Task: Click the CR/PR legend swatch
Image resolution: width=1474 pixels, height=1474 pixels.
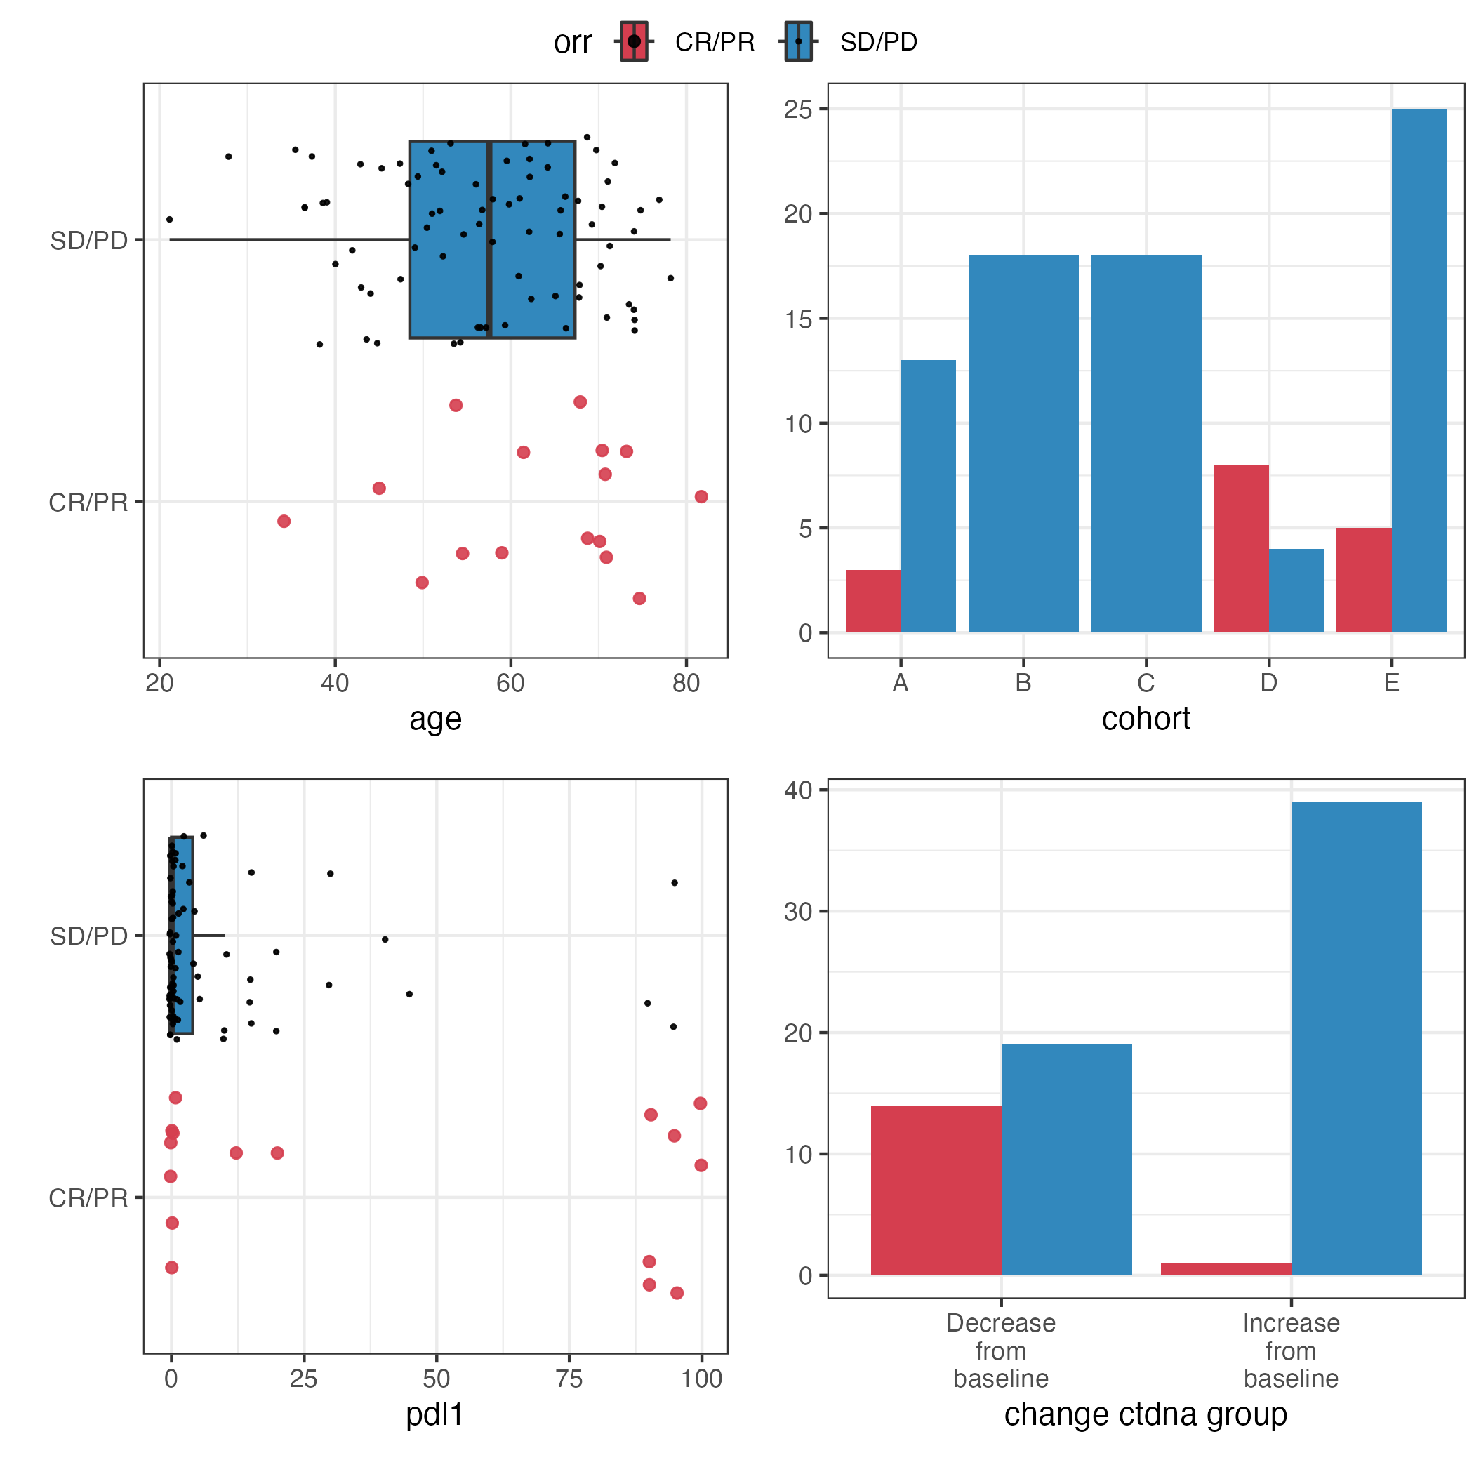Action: click(x=633, y=41)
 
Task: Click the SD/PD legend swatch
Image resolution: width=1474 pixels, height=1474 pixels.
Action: click(x=798, y=41)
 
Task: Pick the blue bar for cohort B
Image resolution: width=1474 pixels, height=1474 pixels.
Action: click(x=1023, y=444)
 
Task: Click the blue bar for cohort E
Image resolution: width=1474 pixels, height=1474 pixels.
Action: click(x=1419, y=370)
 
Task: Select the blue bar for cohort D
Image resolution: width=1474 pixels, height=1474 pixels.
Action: click(x=1296, y=590)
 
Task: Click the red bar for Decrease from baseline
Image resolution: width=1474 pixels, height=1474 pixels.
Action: click(x=936, y=1190)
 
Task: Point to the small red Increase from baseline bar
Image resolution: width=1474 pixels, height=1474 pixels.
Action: click(x=1226, y=1269)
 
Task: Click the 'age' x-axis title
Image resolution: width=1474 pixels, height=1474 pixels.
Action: click(x=435, y=719)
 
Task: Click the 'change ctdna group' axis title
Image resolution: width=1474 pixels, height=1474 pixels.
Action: click(x=1146, y=1414)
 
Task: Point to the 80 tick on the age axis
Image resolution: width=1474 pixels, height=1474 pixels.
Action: click(x=686, y=683)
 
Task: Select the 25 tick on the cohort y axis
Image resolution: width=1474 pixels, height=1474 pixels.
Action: click(x=799, y=109)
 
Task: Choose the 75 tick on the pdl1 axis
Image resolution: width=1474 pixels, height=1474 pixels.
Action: click(x=569, y=1379)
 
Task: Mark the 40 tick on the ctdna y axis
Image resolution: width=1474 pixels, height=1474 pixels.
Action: click(x=799, y=790)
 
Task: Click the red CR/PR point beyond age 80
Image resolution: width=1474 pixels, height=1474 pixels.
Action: click(x=701, y=497)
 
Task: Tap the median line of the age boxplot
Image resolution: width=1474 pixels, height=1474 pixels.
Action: click(x=489, y=239)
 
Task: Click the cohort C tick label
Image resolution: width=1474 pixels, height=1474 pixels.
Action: click(x=1146, y=683)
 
